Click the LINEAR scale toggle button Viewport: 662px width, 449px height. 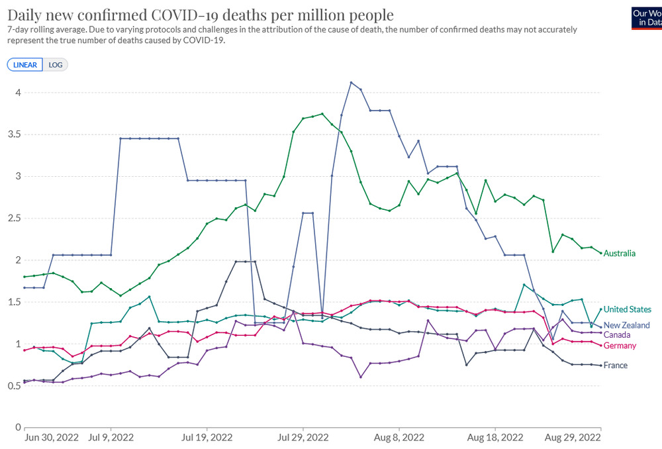25,64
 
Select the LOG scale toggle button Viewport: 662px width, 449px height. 55,64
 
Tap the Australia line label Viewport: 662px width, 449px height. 620,254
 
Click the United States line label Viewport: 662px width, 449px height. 627,309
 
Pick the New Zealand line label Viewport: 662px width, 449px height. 626,325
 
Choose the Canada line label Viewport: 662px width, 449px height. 617,334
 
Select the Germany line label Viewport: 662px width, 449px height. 620,346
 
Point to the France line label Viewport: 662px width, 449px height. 616,366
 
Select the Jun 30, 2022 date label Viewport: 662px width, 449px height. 51,437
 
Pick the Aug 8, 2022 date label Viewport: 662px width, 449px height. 399,437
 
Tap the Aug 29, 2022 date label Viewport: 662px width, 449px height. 573,437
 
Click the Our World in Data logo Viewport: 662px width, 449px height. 647,17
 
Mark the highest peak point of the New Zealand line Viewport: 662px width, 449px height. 351,83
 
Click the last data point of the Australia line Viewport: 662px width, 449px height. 600,253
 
